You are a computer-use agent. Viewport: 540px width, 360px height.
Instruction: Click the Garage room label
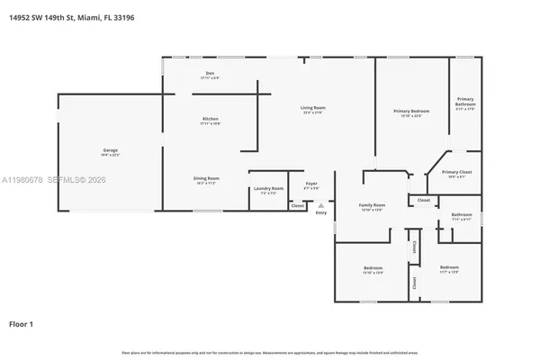(x=111, y=150)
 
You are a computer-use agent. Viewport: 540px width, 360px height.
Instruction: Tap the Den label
(x=209, y=75)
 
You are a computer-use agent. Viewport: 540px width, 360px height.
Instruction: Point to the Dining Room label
(x=207, y=178)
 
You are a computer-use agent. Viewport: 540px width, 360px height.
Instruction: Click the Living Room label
(x=312, y=108)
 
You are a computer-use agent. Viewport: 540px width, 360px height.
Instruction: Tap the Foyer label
(x=311, y=184)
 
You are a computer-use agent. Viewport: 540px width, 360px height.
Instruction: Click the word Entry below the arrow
(x=321, y=213)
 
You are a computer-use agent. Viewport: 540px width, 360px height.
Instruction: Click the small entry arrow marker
(x=321, y=206)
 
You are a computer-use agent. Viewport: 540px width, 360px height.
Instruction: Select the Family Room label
(x=372, y=206)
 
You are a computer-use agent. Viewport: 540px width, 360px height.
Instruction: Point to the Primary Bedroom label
(x=411, y=112)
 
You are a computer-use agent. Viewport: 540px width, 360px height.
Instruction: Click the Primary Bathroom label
(x=465, y=102)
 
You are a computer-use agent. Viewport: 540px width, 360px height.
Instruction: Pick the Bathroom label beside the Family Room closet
(x=462, y=214)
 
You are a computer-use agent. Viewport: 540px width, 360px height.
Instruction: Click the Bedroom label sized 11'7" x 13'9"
(x=449, y=267)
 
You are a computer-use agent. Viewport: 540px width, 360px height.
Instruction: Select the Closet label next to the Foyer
(x=297, y=205)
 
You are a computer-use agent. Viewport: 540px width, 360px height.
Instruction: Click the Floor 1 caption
(x=22, y=322)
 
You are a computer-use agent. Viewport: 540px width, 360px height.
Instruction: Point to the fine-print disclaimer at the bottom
(x=270, y=352)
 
